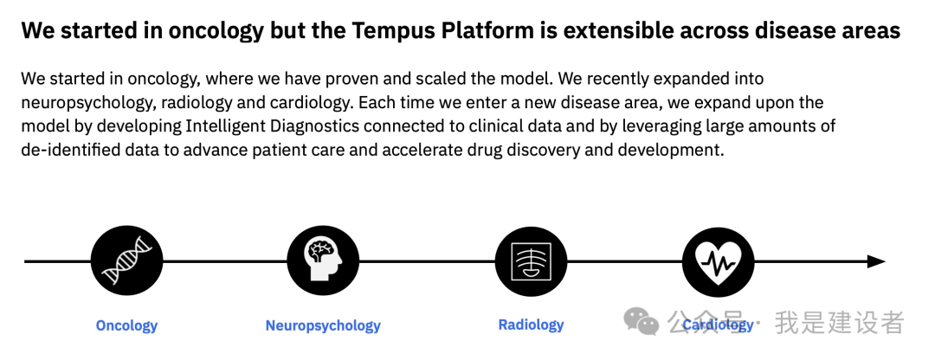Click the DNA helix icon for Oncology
click(126, 261)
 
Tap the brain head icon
click(323, 261)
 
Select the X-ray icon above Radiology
click(531, 261)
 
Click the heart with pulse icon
click(718, 261)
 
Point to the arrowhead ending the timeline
click(876, 261)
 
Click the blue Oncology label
click(126, 326)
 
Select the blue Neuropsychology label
click(323, 326)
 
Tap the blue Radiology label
click(531, 325)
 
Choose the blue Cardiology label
click(718, 325)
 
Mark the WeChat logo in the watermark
click(641, 321)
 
